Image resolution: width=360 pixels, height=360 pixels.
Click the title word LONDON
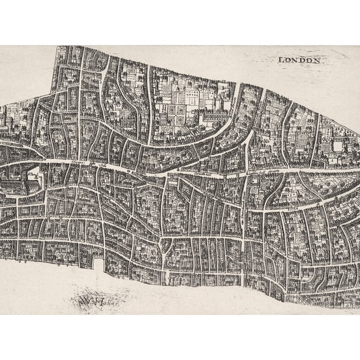[299, 60]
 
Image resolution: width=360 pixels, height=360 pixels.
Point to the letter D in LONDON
[303, 60]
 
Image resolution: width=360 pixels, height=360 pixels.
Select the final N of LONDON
[317, 61]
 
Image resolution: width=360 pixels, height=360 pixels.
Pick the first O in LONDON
[289, 60]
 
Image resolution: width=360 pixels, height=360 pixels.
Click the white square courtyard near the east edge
[341, 146]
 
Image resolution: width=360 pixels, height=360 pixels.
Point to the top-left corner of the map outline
[55, 46]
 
